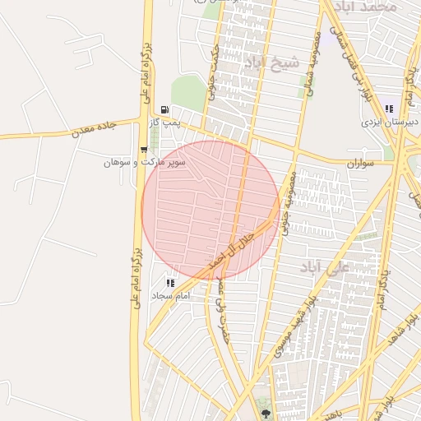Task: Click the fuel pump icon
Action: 165,109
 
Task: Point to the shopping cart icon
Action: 145,150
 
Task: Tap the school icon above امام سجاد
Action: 171,282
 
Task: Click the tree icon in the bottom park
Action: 265,405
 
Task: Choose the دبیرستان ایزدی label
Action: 390,123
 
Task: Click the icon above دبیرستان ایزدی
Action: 389,109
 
